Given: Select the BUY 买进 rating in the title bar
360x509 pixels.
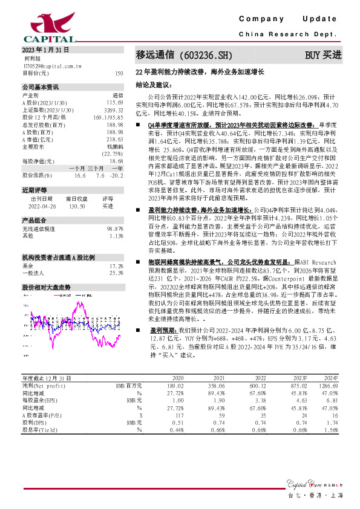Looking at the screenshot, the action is tap(323, 55).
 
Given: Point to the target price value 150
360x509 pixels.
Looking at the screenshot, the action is tap(119, 73).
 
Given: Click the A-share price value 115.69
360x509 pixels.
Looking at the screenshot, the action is tap(115, 102).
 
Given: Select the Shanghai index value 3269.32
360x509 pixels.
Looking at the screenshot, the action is tap(114, 109).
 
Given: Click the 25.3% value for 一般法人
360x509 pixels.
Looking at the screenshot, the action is tap(116, 256).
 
